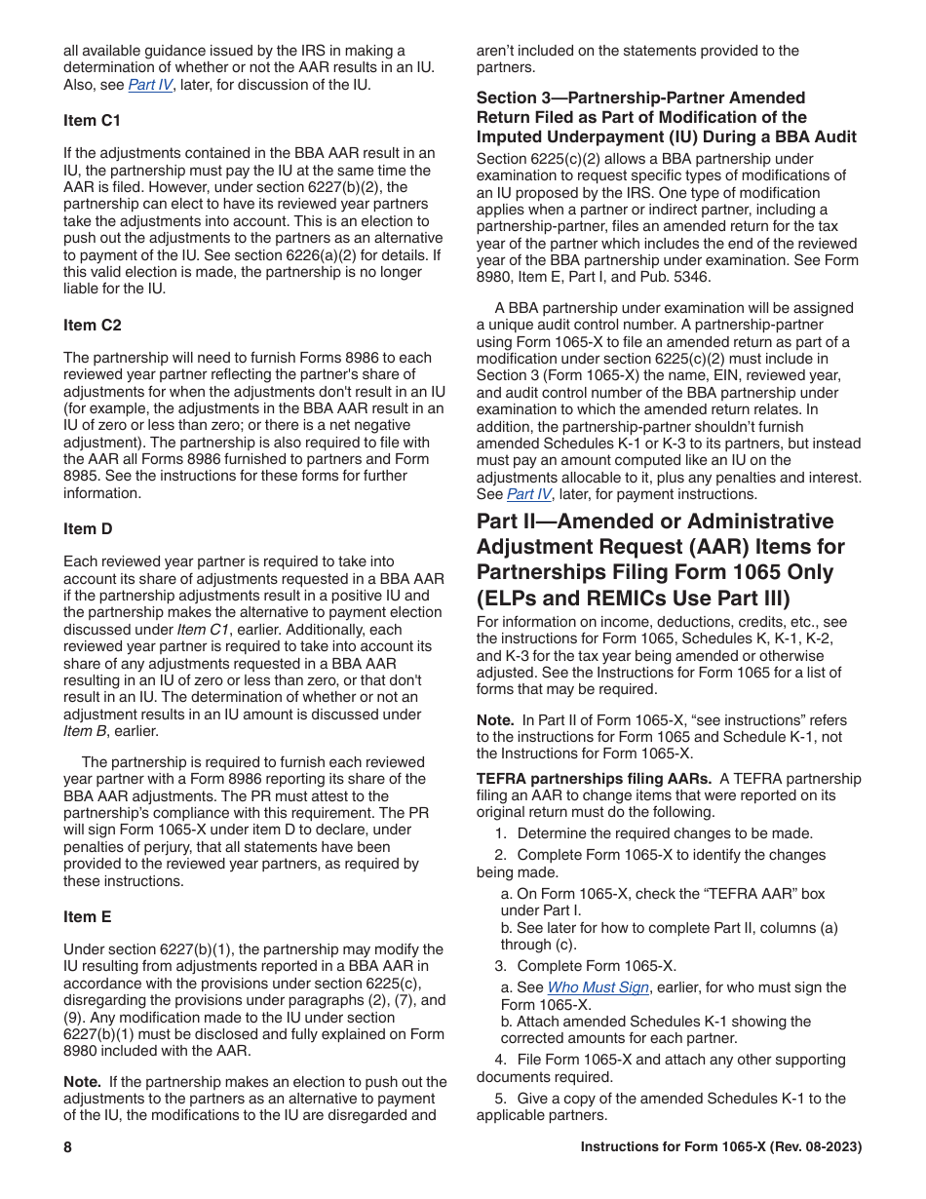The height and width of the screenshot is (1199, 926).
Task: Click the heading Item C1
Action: pos(93,121)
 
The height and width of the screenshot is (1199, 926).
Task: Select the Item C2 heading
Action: pos(93,325)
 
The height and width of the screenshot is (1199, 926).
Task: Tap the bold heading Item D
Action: pos(88,528)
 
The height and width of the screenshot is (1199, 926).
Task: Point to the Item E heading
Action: pos(88,916)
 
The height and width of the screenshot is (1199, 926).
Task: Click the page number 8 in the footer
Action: pos(68,1147)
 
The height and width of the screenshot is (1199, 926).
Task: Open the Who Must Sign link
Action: pos(598,987)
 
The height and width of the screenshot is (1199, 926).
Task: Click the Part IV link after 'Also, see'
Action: pos(150,85)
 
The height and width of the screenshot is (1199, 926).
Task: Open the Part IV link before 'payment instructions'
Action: pos(528,494)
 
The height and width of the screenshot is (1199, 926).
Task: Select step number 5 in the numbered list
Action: pos(499,1098)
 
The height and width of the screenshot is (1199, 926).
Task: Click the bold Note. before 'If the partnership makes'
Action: pos(82,1081)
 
